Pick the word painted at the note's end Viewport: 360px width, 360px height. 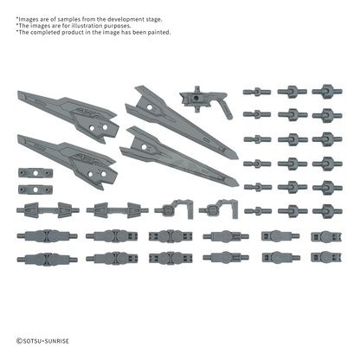click(x=160, y=32)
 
